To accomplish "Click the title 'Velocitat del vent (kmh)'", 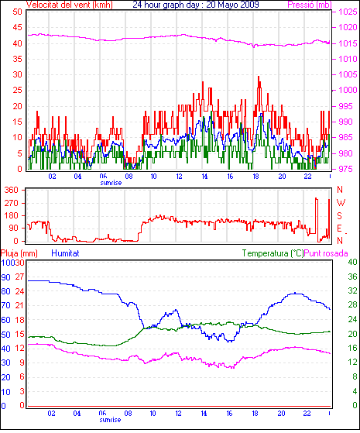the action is click(x=70, y=5).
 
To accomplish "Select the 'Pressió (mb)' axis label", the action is click(x=310, y=5).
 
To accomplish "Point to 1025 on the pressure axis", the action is click(x=348, y=12).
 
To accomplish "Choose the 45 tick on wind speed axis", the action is click(x=17, y=27).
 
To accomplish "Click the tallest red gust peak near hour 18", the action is click(x=259, y=77).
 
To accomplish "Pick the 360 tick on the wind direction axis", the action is click(x=11, y=190).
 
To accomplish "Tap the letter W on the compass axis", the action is click(x=341, y=203).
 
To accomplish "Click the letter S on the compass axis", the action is click(x=340, y=215).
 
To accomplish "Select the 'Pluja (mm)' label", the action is click(x=19, y=253).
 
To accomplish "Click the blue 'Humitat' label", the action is click(x=65, y=253).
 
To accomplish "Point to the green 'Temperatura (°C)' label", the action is click(x=273, y=253).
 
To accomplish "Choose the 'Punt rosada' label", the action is click(x=326, y=253).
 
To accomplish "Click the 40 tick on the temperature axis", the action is click(x=352, y=262).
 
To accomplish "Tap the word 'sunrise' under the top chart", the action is click(x=111, y=183).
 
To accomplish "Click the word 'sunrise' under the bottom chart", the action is click(x=110, y=420).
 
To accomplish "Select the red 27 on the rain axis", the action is click(x=19, y=277).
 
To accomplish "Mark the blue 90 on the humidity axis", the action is click(x=5, y=277).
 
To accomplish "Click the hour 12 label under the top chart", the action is click(x=179, y=176).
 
